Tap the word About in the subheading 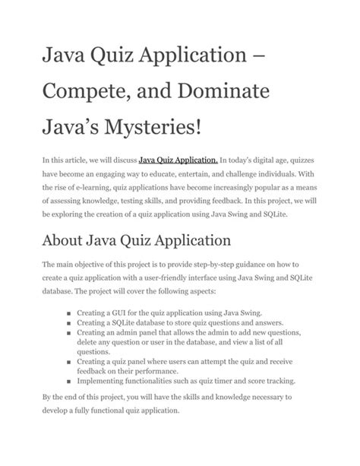pos(71,243)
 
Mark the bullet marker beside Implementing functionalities pos(69,382)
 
